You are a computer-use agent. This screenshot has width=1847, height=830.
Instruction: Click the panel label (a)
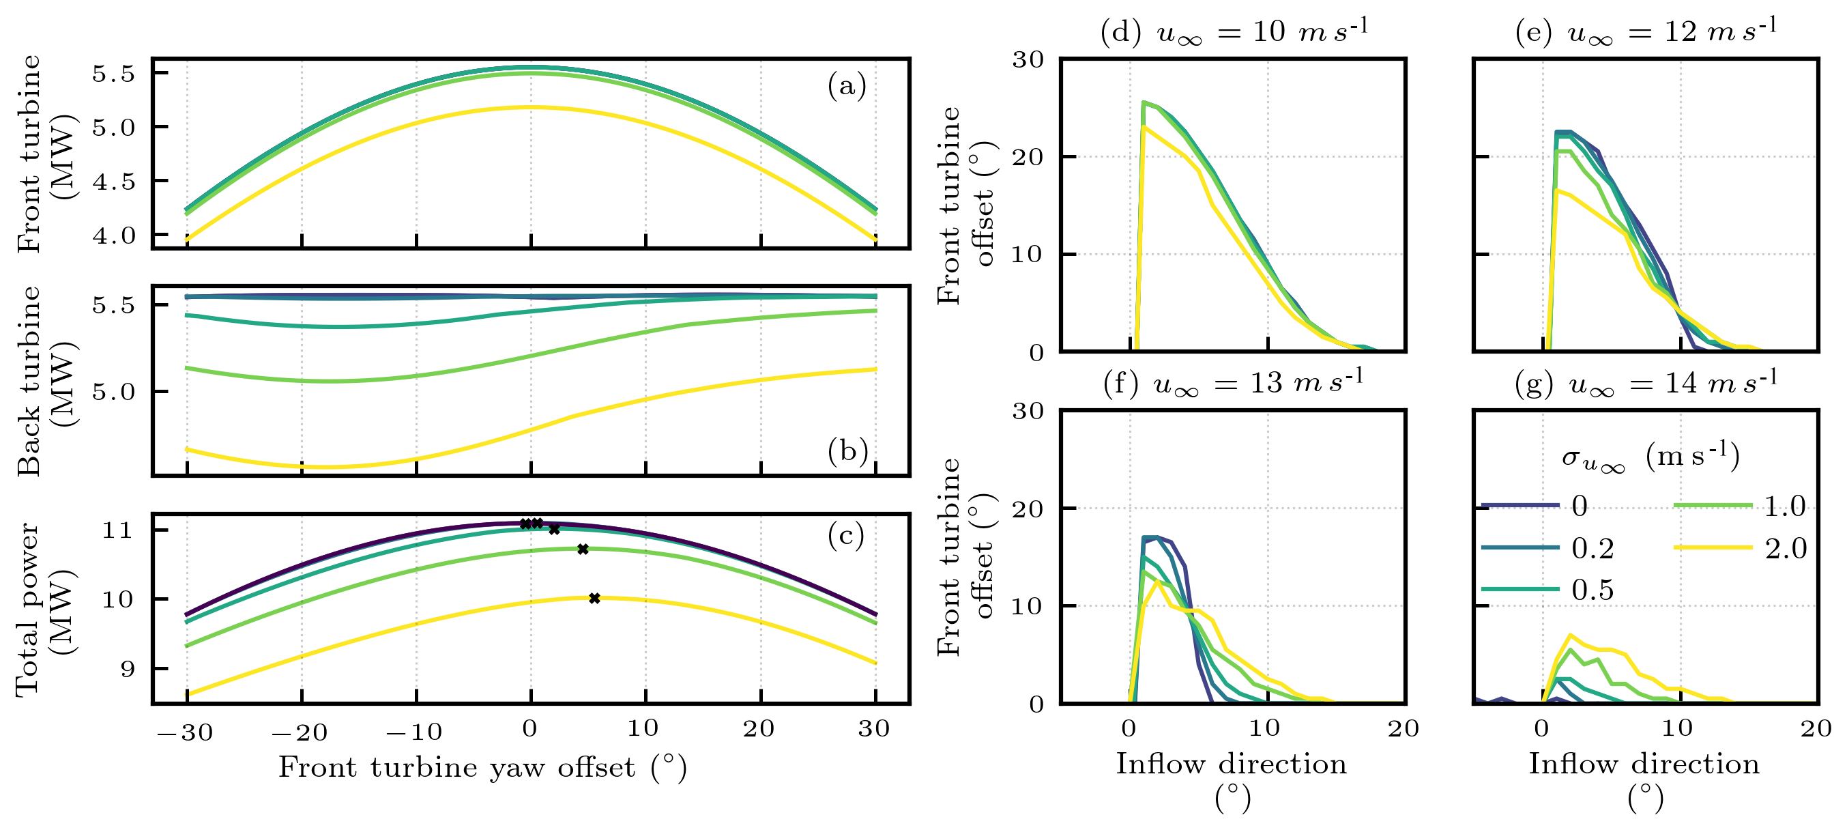847,86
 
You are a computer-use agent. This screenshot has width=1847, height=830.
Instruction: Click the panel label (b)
847,450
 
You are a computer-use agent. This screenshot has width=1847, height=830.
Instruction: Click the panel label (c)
846,535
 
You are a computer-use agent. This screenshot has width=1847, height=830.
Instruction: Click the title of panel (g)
1646,384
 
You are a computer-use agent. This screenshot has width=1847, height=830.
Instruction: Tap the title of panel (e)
1646,32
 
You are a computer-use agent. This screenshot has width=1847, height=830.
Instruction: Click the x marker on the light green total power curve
583,549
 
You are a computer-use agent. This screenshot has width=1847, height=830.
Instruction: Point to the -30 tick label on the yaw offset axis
185,732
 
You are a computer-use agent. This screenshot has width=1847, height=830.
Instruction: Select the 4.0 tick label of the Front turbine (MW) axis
113,235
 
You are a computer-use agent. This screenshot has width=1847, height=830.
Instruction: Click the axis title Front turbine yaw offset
482,768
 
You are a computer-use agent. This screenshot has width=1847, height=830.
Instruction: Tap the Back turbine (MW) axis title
44,381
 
